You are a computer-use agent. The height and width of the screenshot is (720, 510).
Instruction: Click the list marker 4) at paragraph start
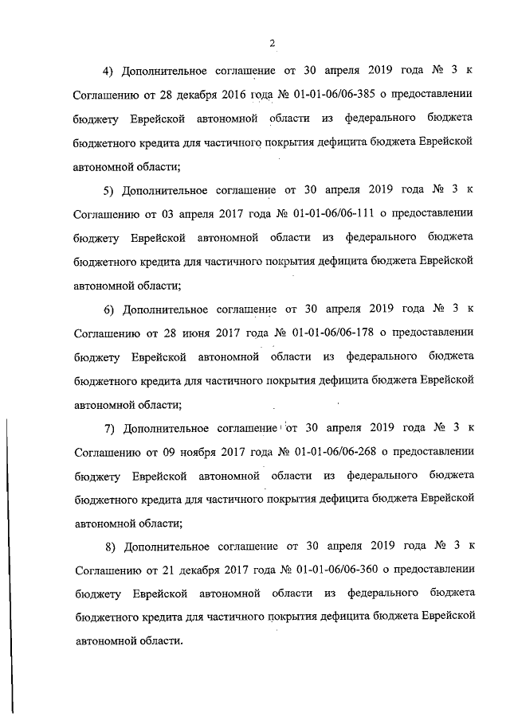[x=110, y=71]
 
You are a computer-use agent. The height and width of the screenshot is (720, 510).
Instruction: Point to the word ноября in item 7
[x=190, y=451]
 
